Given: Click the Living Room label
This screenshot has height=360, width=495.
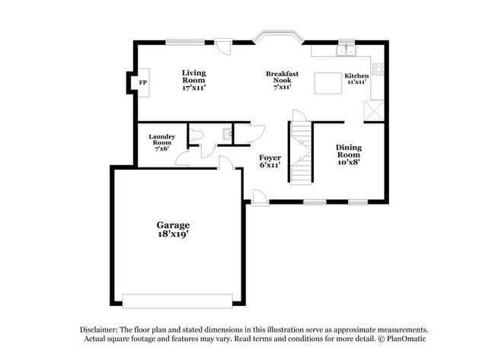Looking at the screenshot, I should click(x=193, y=80).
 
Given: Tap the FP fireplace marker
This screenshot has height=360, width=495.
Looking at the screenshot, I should click(x=142, y=82).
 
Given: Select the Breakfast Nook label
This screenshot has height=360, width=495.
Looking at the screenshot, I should click(x=281, y=80).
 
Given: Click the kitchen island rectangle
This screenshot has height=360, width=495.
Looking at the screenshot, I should click(x=328, y=81).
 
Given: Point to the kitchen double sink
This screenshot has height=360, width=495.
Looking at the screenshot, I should click(x=346, y=51).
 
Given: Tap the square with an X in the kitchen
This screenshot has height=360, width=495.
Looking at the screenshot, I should click(x=373, y=111).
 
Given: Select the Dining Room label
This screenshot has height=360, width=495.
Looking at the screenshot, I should click(x=349, y=154).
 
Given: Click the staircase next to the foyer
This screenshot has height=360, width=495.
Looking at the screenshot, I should click(x=302, y=152).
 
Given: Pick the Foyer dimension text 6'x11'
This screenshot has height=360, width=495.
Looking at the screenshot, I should click(x=270, y=164).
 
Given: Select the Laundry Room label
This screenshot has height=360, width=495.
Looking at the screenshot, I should click(x=161, y=141).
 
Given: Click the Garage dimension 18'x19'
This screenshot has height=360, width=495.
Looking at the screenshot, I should click(x=173, y=235).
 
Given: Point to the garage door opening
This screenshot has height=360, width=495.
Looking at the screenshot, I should click(x=178, y=300).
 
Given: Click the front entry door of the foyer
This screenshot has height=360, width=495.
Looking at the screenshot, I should click(x=260, y=197).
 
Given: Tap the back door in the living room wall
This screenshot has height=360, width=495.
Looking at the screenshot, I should click(x=222, y=47).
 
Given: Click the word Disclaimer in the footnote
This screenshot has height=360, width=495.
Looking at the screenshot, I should click(x=101, y=330).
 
